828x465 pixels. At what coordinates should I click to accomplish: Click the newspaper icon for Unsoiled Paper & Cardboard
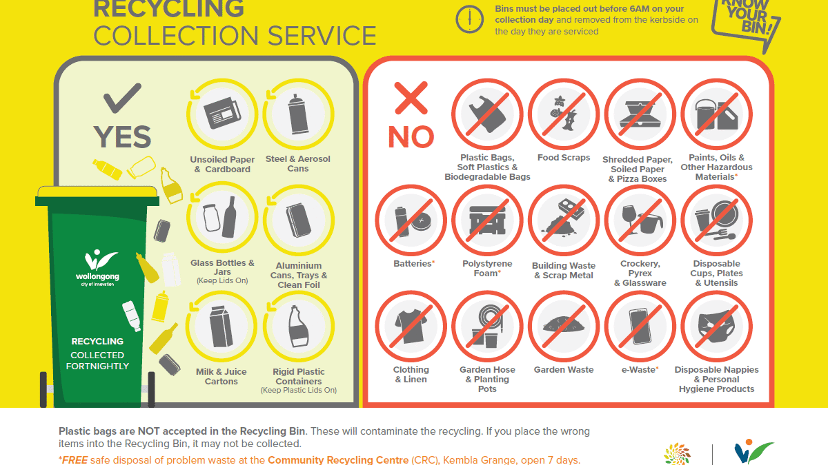[x=222, y=113]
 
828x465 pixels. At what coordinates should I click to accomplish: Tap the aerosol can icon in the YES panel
[x=298, y=114]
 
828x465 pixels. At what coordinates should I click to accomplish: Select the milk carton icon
[x=221, y=327]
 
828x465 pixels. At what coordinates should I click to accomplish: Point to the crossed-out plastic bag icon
[x=487, y=114]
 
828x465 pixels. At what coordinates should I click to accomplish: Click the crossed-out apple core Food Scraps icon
[x=564, y=114]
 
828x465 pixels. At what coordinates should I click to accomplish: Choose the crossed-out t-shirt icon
[x=411, y=327]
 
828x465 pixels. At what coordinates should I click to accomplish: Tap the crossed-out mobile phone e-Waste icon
[x=640, y=327]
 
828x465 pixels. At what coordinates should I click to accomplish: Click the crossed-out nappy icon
[x=716, y=327]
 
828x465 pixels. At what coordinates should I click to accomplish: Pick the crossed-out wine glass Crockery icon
[x=640, y=220]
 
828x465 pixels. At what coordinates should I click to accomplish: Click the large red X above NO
[x=411, y=98]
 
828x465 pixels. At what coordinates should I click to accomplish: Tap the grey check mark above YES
[x=122, y=98]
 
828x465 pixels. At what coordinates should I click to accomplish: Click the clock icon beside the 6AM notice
[x=469, y=19]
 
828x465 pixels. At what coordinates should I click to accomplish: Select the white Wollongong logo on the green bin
[x=97, y=267]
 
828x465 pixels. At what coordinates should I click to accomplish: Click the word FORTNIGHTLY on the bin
[x=97, y=366]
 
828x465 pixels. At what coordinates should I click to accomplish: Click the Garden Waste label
[x=564, y=369]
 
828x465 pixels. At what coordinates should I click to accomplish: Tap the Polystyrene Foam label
[x=487, y=268]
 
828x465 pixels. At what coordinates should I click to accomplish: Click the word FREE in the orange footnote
[x=75, y=460]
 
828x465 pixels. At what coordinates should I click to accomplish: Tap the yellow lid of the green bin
[x=97, y=192]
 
